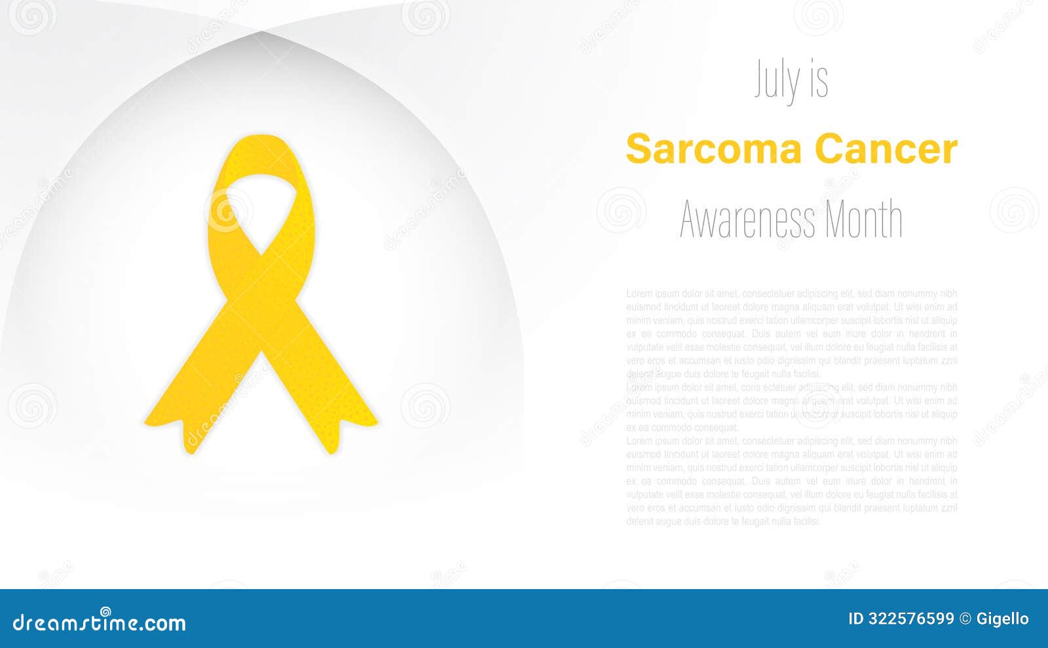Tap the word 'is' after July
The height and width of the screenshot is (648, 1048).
coord(819,81)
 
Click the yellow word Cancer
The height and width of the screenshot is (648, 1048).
coord(886,149)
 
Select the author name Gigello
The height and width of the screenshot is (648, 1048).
coord(1002,619)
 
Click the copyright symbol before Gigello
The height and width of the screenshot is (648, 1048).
coord(965,619)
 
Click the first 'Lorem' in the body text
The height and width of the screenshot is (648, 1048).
coord(639,293)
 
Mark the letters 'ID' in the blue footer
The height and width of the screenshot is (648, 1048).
coord(856,619)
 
